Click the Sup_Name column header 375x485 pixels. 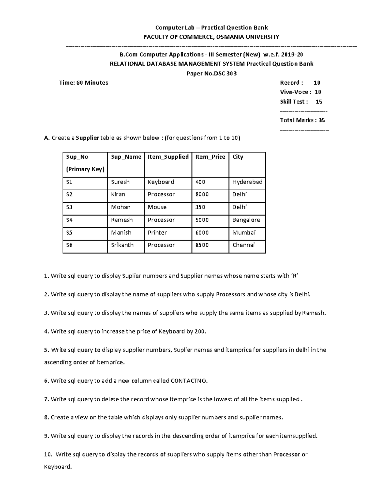(x=126, y=157)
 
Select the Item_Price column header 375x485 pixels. (x=210, y=157)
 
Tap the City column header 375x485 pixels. (x=237, y=157)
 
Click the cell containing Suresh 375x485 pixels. (x=120, y=182)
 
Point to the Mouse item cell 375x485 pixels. (x=157, y=207)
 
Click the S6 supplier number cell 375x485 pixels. (x=69, y=245)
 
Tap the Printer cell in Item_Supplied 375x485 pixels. (x=157, y=233)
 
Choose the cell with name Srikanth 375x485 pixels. (x=122, y=245)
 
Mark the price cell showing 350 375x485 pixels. (x=200, y=207)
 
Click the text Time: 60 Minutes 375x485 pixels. (x=83, y=83)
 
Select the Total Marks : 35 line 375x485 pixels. (x=302, y=120)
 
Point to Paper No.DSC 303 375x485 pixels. (x=211, y=74)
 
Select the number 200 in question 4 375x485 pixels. (x=200, y=331)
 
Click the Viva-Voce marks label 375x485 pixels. (x=295, y=92)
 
